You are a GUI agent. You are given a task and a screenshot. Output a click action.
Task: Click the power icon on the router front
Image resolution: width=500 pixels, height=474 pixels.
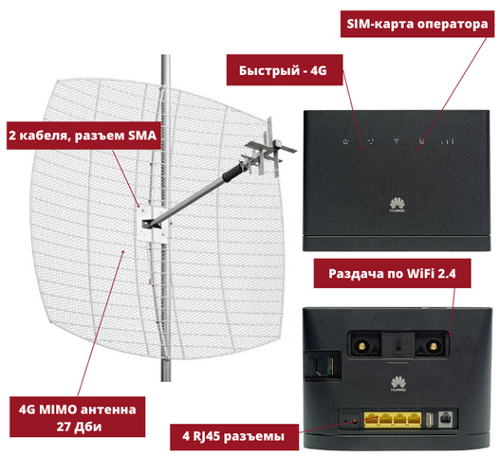pyautogui.click(x=345, y=141)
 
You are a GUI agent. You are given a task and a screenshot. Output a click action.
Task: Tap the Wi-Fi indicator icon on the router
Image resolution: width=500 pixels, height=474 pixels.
pyautogui.click(x=397, y=140)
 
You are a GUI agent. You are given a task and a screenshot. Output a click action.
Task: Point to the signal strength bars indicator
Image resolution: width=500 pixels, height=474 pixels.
pyautogui.click(x=448, y=141)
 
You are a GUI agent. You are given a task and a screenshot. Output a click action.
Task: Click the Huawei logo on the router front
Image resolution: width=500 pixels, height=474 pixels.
pyautogui.click(x=398, y=205)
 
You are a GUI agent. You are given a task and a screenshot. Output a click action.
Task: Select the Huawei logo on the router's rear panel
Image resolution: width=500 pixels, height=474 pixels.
pyautogui.click(x=398, y=384)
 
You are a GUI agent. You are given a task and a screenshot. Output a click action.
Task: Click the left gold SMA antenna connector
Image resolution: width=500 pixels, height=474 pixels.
pyautogui.click(x=362, y=346)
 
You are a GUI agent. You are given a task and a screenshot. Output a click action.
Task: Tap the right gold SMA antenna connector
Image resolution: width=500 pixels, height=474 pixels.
pyautogui.click(x=433, y=346)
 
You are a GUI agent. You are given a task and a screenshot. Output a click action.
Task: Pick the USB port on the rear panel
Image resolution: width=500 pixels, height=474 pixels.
pyautogui.click(x=429, y=420)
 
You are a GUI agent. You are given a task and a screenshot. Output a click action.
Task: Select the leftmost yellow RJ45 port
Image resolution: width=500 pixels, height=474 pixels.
pyautogui.click(x=372, y=420)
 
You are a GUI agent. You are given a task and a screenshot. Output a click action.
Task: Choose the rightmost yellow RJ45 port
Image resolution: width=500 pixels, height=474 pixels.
pyautogui.click(x=414, y=420)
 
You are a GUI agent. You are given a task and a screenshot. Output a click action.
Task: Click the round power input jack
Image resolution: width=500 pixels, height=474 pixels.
pyautogui.click(x=354, y=421)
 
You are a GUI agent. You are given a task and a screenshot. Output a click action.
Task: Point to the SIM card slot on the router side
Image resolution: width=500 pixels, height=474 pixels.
pyautogui.click(x=324, y=366)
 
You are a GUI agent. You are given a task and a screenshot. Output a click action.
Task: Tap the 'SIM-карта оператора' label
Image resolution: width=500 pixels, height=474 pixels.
pyautogui.click(x=417, y=24)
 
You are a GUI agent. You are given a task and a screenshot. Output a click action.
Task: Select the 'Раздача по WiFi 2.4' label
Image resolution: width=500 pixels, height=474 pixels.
pyautogui.click(x=392, y=273)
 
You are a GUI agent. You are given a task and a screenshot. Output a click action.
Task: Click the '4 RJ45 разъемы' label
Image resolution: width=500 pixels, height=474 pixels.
pyautogui.click(x=233, y=436)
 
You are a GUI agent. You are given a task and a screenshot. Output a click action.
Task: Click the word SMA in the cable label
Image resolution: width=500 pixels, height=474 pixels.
pyautogui.click(x=142, y=136)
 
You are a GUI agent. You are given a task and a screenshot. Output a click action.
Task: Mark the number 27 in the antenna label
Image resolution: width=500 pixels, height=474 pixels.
pyautogui.click(x=64, y=427)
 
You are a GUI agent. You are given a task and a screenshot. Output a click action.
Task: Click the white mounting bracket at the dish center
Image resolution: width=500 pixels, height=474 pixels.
pyautogui.click(x=153, y=223)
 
